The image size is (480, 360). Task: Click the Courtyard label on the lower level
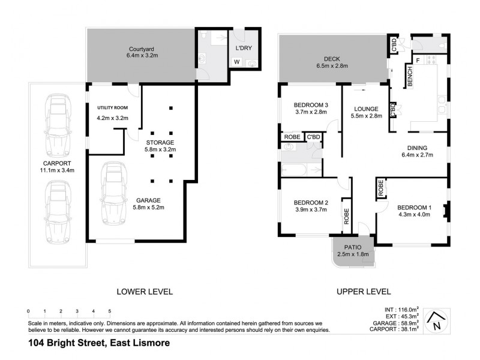pos(142,48)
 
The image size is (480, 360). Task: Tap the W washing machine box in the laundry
pos(236,61)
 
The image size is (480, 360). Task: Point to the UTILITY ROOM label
pos(113,107)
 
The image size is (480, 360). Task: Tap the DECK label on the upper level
pos(331,59)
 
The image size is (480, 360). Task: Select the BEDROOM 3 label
pos(310,104)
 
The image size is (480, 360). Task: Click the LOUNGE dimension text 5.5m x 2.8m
pos(366,116)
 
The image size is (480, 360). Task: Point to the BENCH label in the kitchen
pos(410,79)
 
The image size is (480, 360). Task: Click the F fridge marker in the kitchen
pos(416,61)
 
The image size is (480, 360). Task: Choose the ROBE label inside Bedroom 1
pos(381,189)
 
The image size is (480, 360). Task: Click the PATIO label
pos(353,247)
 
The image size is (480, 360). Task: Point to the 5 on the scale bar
pos(110,311)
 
